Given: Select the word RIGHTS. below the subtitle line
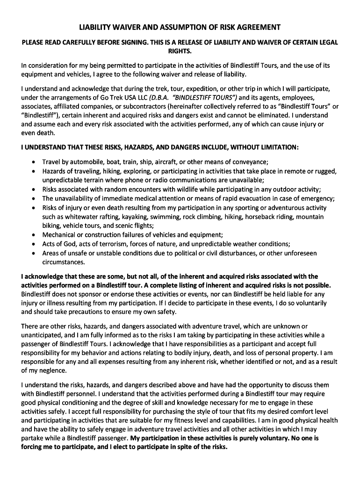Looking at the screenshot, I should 180,51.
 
